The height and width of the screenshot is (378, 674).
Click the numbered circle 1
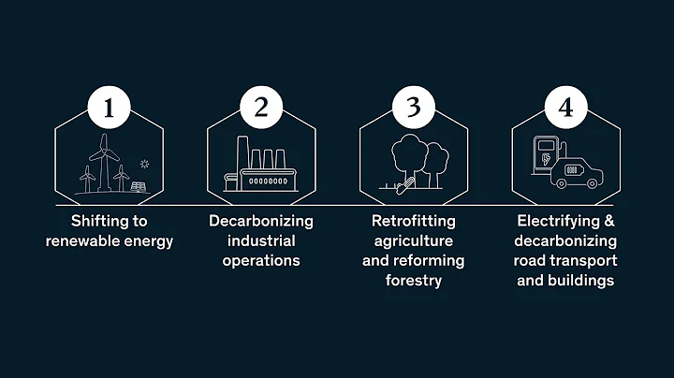[110, 108]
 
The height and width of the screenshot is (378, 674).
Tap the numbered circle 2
[261, 108]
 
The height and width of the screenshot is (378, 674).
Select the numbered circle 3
[413, 108]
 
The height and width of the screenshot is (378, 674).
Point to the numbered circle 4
[564, 108]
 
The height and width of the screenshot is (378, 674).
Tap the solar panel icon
[138, 185]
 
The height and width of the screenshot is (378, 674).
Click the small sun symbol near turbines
[143, 164]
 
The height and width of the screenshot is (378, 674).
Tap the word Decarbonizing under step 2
[261, 222]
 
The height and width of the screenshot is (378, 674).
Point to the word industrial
[261, 240]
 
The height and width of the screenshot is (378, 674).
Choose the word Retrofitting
[413, 222]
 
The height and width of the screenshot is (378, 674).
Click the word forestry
[413, 279]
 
